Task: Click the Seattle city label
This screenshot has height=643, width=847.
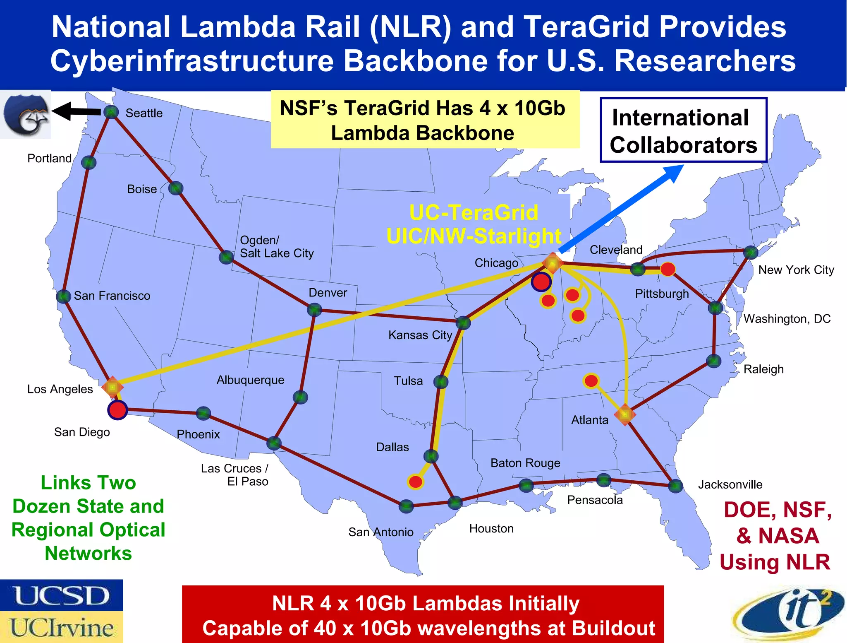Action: point(144,113)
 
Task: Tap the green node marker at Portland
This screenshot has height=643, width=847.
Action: point(89,162)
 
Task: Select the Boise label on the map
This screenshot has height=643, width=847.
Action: point(142,189)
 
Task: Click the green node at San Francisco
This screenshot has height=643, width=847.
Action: point(63,296)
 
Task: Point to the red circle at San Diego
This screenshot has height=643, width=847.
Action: point(117,410)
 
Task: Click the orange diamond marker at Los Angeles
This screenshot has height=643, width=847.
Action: point(112,387)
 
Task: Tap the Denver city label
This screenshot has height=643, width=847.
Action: point(328,293)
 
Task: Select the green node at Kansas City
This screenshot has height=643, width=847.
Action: point(463,323)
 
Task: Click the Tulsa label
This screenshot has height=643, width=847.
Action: point(408,381)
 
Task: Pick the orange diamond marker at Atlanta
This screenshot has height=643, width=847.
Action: point(624,414)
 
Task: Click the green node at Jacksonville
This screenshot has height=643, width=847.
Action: point(675,486)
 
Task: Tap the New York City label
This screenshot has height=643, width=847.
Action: point(796,270)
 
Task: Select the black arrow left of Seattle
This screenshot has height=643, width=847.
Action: point(77,111)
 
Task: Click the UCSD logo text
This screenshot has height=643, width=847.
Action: point(62,595)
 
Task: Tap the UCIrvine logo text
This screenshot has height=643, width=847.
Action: point(62,627)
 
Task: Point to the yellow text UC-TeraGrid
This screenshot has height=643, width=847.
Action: point(474,213)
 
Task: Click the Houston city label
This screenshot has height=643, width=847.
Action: point(491,529)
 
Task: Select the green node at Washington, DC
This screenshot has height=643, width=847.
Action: point(715,308)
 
